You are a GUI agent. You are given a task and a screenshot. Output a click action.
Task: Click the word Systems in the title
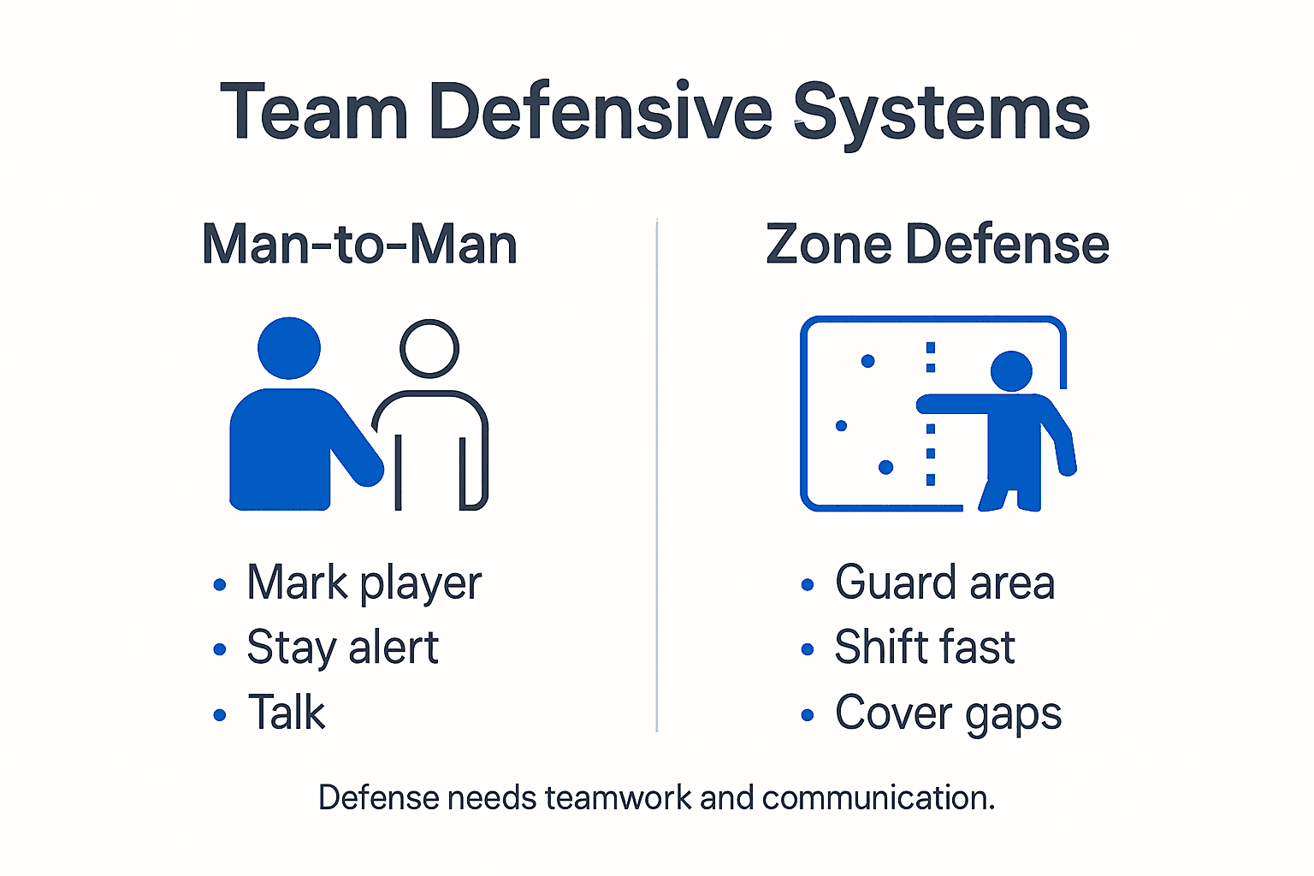[x=941, y=113]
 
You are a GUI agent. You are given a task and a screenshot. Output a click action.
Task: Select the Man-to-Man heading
[x=359, y=245]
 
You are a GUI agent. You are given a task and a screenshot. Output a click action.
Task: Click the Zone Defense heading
[x=938, y=245]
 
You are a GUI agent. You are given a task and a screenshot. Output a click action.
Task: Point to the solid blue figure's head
[x=289, y=347]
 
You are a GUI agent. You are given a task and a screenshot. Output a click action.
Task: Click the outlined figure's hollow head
[x=429, y=348]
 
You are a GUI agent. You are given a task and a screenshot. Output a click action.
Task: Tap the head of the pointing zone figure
[x=1011, y=371]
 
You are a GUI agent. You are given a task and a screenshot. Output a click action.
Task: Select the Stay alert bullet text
[x=342, y=648]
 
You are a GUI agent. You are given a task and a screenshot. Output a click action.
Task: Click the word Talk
[x=287, y=713]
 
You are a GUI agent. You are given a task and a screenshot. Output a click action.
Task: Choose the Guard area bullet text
[x=944, y=583]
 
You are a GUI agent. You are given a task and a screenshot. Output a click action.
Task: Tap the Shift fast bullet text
[x=925, y=648]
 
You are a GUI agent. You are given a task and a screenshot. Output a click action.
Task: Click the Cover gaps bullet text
[x=948, y=713]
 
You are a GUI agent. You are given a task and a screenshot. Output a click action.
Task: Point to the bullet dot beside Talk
[x=220, y=714]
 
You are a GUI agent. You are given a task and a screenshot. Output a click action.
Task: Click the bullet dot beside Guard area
[x=808, y=585]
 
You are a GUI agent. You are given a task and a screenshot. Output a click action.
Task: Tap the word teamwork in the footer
[x=618, y=798]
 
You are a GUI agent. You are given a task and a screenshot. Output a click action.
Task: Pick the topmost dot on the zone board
[x=867, y=361]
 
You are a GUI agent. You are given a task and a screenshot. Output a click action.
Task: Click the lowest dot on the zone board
[x=886, y=467]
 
